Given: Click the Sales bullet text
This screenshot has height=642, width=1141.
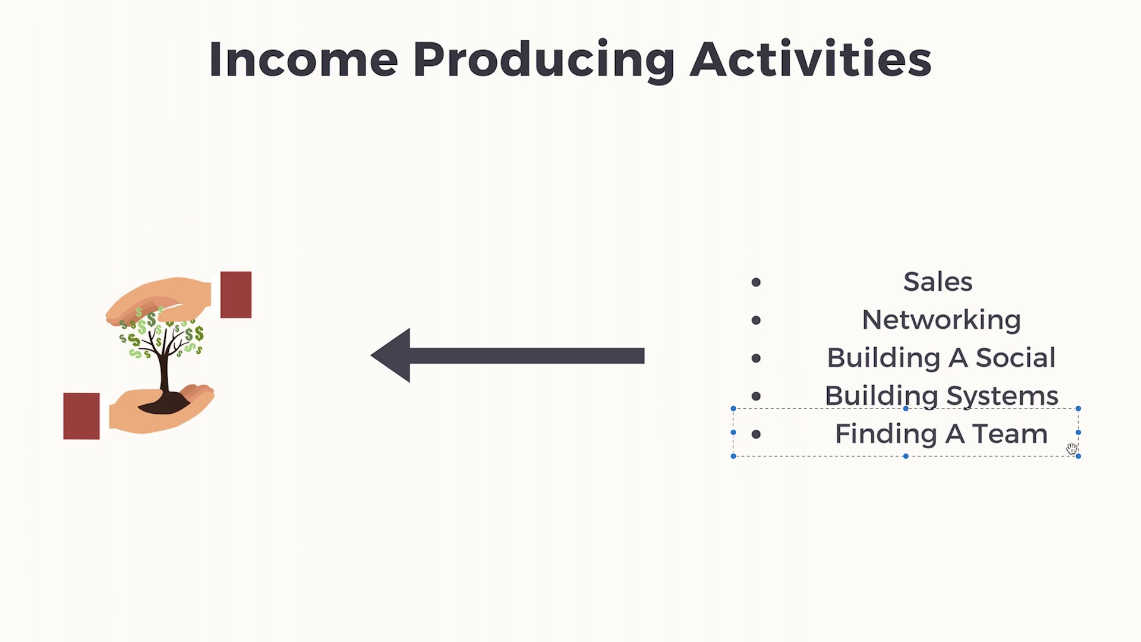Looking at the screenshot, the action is click(x=938, y=282).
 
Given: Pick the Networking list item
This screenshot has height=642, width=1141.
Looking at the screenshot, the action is click(x=941, y=320).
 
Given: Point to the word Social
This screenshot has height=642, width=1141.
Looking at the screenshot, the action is click(x=1016, y=358).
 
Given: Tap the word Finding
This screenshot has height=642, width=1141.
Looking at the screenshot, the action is click(x=872, y=435).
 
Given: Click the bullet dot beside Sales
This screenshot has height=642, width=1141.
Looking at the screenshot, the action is click(x=756, y=282).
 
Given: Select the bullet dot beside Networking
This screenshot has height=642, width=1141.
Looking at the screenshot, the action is click(x=756, y=320).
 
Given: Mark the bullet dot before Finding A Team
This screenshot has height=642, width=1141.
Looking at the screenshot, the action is click(x=756, y=435).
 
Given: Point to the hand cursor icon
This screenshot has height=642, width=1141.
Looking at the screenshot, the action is click(x=1071, y=449).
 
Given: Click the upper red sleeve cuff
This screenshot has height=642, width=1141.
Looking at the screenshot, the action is click(x=236, y=295).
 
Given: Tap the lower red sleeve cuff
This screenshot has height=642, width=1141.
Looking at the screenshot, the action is click(x=81, y=416).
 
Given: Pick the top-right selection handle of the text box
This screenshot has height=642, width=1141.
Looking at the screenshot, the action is click(x=1078, y=409).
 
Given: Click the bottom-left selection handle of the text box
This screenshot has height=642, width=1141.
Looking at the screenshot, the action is click(x=733, y=456).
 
